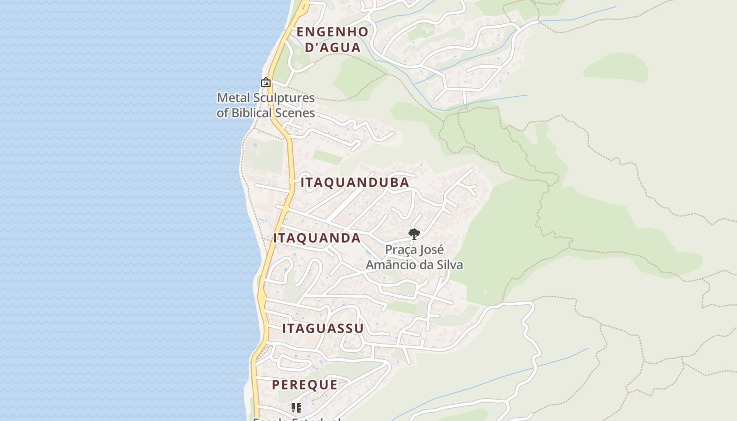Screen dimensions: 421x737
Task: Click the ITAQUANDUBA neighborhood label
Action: (355, 183)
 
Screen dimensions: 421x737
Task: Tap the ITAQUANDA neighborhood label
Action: (317, 238)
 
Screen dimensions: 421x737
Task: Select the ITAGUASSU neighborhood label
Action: (323, 328)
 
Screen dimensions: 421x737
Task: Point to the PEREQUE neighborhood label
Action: (305, 385)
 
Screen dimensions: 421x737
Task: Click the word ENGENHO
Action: (332, 32)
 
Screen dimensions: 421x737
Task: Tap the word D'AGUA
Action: (333, 47)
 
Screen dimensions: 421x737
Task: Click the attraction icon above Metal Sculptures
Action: (266, 82)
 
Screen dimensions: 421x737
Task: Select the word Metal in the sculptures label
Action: (232, 98)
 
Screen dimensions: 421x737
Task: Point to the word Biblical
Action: (253, 113)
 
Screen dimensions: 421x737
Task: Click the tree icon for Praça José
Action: (414, 234)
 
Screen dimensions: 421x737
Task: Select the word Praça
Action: (401, 249)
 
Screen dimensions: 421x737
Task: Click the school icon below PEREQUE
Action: (296, 407)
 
